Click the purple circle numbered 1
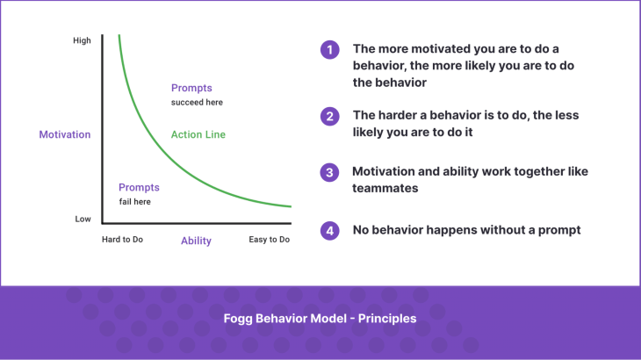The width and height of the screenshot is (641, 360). pyautogui.click(x=329, y=50)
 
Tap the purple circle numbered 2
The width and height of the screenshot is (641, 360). pyautogui.click(x=329, y=116)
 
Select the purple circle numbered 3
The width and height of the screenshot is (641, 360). pyautogui.click(x=329, y=173)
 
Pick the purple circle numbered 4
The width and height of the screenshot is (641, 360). pyautogui.click(x=329, y=231)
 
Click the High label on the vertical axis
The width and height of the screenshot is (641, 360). pyautogui.click(x=82, y=40)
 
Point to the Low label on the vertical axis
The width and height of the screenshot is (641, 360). pyautogui.click(x=83, y=219)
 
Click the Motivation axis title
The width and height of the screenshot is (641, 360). pyautogui.click(x=65, y=134)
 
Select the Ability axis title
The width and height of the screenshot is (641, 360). pyautogui.click(x=196, y=241)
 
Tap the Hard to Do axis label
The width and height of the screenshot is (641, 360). pyautogui.click(x=123, y=240)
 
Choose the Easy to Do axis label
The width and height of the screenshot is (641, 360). pyautogui.click(x=269, y=240)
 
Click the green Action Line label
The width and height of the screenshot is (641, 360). pyautogui.click(x=198, y=134)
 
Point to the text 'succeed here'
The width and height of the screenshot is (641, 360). pyautogui.click(x=197, y=102)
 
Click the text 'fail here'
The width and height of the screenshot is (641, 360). pyautogui.click(x=136, y=202)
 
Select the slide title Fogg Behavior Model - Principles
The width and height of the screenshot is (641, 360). pyautogui.click(x=320, y=318)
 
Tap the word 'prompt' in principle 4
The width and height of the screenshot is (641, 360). pyautogui.click(x=559, y=231)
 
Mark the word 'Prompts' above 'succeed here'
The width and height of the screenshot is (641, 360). pyautogui.click(x=191, y=88)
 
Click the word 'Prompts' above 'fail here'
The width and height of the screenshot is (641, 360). pyautogui.click(x=139, y=188)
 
